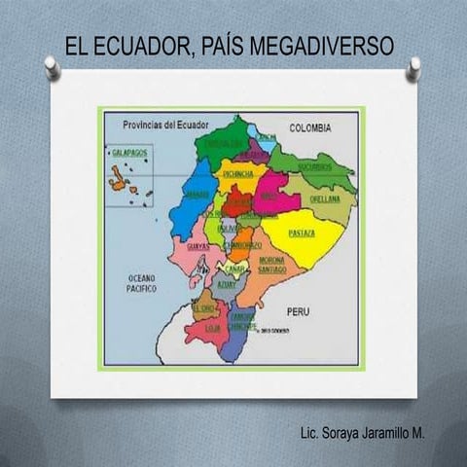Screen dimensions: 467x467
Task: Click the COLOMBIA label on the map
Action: [311, 127]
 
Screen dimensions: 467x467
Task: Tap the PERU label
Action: [298, 310]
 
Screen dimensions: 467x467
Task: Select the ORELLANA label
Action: [324, 198]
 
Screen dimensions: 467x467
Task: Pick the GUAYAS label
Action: [197, 247]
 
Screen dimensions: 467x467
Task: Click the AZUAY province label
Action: [226, 285]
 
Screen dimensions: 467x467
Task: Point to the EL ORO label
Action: [202, 306]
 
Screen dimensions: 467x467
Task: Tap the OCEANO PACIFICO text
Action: [142, 283]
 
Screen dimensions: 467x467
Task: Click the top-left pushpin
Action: [52, 66]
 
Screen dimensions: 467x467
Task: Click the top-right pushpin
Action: [414, 66]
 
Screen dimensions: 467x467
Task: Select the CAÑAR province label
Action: [233, 268]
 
